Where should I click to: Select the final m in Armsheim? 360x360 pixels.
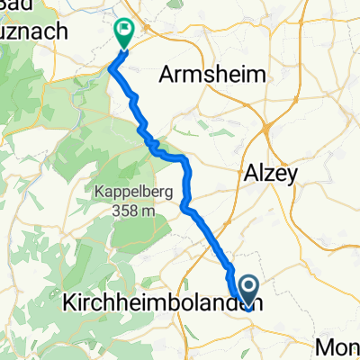pos(262,76)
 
